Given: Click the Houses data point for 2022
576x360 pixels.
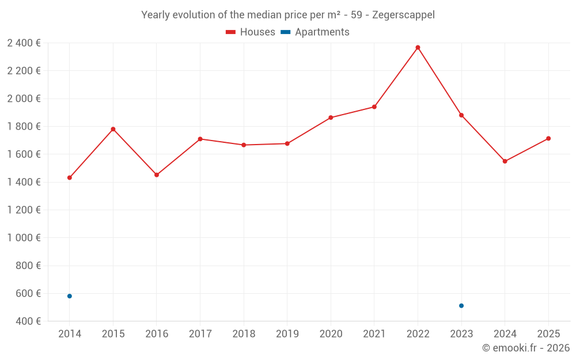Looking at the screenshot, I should coord(418,47).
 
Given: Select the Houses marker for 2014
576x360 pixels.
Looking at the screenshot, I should coord(70,177).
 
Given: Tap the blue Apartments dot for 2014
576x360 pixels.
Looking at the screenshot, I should coord(70,296).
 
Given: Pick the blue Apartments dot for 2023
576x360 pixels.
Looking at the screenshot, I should coord(461,306).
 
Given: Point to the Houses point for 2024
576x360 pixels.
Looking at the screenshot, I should coord(505,161).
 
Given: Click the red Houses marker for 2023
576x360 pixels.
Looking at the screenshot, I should coord(461,115).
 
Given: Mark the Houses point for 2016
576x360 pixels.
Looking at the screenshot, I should coord(157,175).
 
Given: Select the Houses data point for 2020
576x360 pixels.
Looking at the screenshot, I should coord(331,118).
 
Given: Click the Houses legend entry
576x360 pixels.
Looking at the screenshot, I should coord(251,32).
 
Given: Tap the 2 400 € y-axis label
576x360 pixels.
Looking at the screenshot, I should coord(24,43).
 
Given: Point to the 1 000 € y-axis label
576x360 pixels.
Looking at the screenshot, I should coord(24,238).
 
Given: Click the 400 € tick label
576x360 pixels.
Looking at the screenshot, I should coord(28,321).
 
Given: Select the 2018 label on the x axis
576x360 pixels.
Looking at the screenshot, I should coord(244,334).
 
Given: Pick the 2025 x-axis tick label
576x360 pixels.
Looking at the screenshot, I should coord(548,334).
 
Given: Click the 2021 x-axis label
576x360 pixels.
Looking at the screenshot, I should coord(374,334).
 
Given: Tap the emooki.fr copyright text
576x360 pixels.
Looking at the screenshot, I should coord(526,348).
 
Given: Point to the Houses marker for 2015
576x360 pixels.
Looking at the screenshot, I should coord(113,129).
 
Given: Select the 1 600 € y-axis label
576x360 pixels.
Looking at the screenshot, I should coord(24,154).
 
